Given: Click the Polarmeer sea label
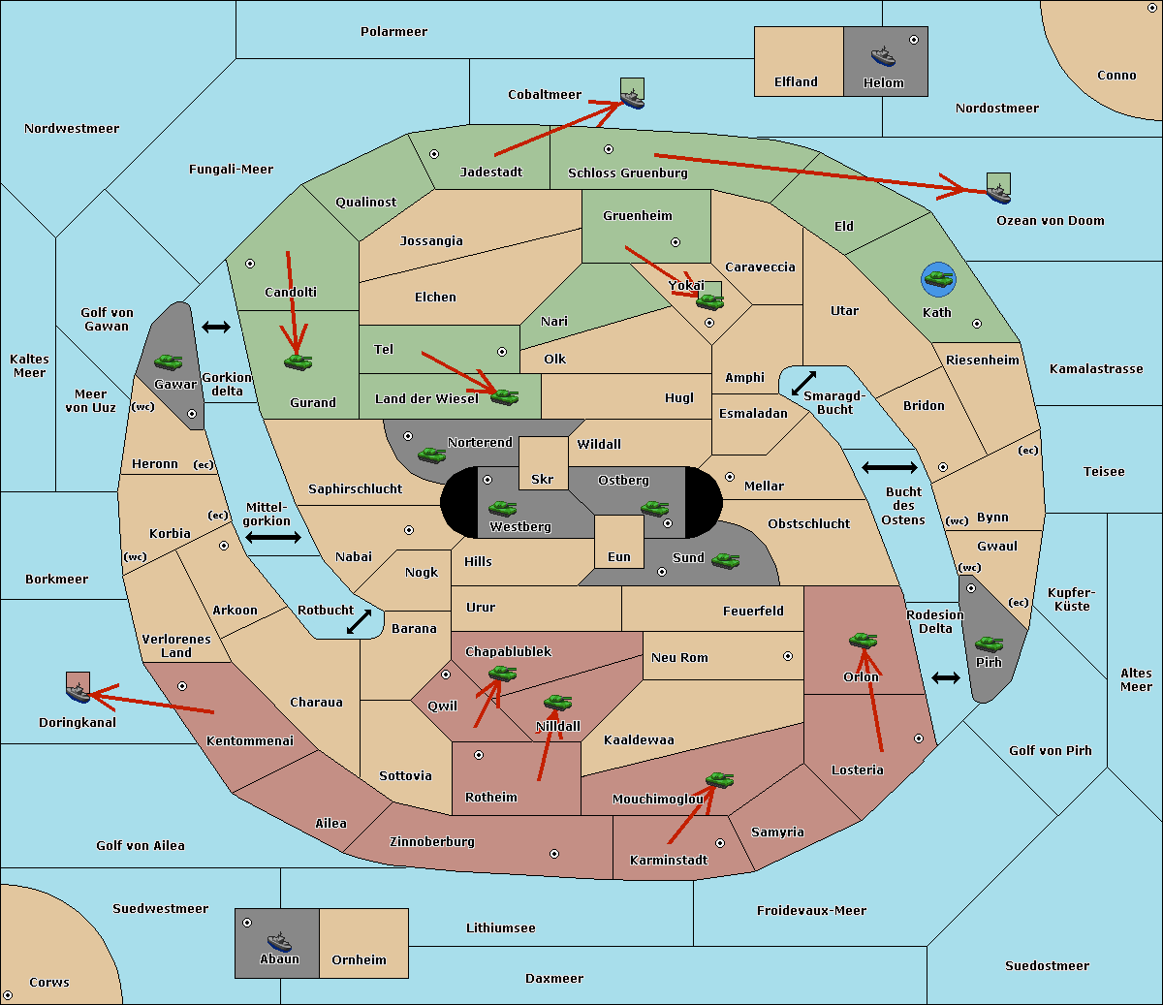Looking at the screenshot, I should [x=393, y=32].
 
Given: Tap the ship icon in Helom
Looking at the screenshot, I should [x=883, y=56].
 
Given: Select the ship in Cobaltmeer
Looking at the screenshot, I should [x=632, y=97].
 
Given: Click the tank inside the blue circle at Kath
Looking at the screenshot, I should [x=938, y=280].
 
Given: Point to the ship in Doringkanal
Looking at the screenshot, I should [x=78, y=692].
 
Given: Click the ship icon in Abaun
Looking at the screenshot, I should [x=279, y=941].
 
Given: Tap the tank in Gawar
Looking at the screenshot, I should [x=169, y=361].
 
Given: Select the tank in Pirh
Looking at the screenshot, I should [x=989, y=644].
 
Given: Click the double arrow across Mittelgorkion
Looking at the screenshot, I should [x=273, y=537].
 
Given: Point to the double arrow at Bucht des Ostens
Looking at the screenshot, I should [x=889, y=468].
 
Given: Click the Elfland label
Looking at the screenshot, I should [x=796, y=82].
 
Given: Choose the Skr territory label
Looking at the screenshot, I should [x=543, y=479].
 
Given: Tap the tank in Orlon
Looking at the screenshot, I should [x=863, y=641].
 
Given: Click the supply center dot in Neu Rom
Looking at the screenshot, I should [x=788, y=656].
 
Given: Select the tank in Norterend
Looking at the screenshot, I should [x=431, y=455].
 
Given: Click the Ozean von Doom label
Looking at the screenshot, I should [x=1051, y=221].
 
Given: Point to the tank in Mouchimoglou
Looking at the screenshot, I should [x=719, y=779].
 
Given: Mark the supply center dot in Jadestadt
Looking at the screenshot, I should [x=434, y=153].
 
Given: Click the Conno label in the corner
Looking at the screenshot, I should [x=1116, y=76].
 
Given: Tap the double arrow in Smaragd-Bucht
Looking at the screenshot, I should [x=804, y=383].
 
